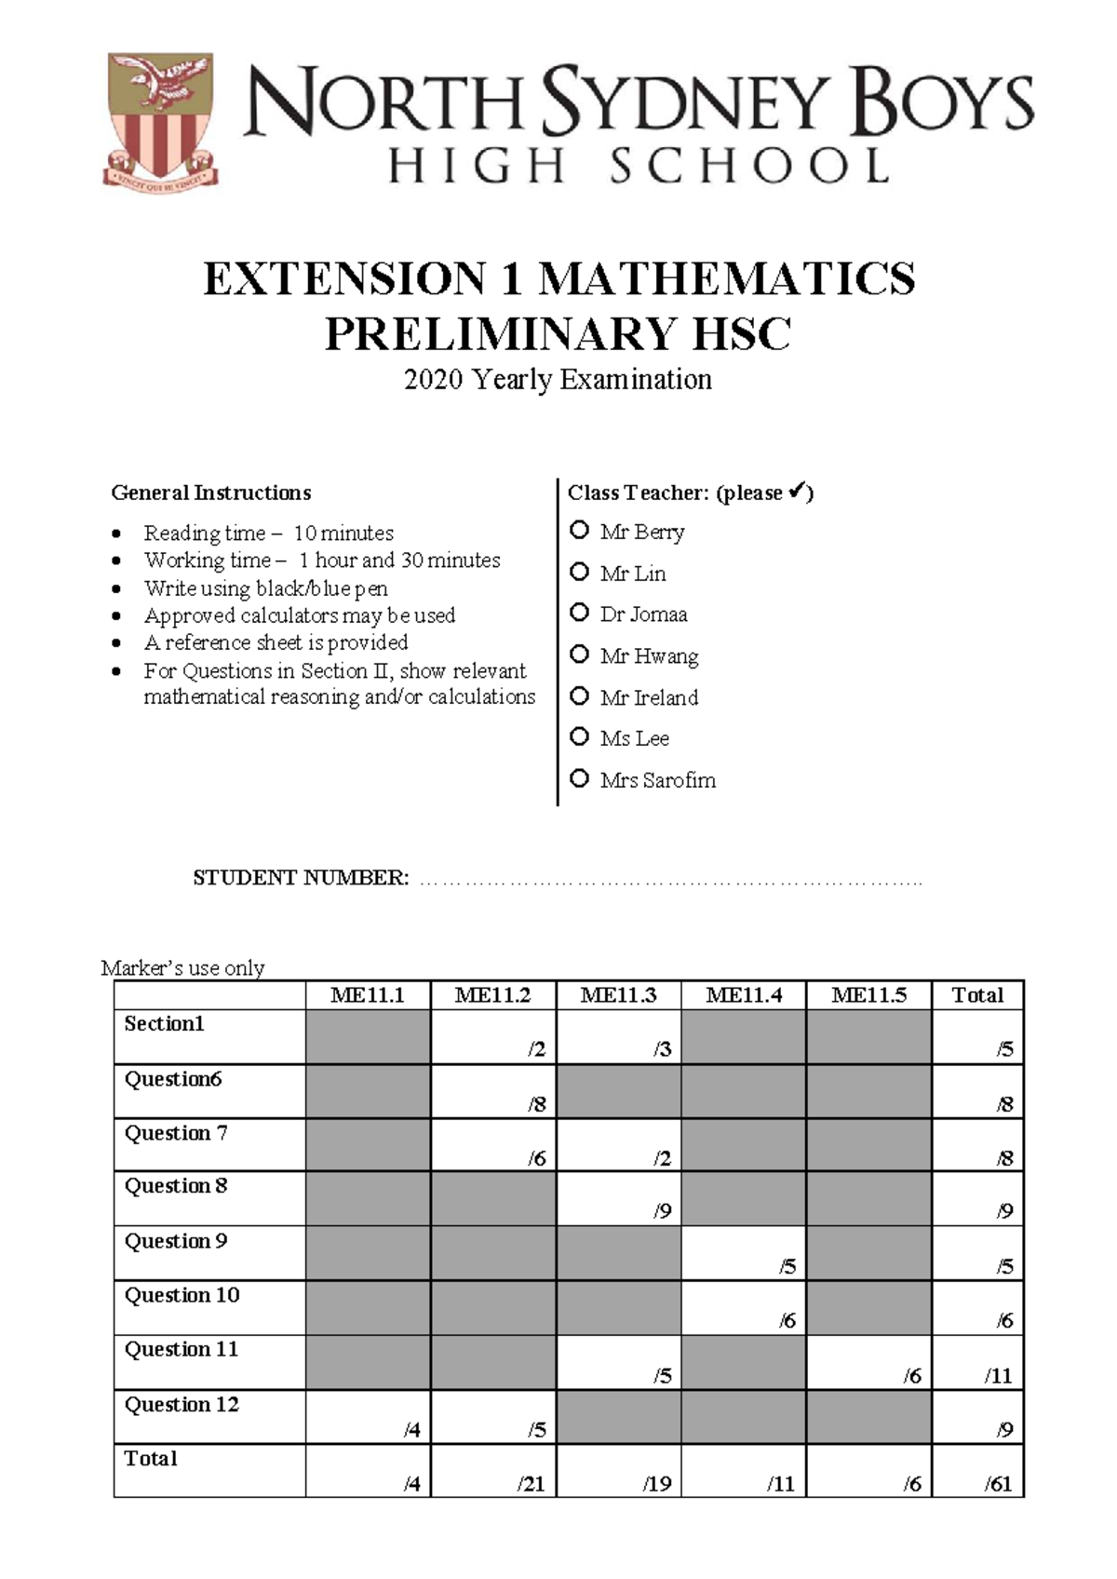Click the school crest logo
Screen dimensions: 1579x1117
(161, 121)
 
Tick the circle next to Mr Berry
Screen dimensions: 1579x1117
(579, 531)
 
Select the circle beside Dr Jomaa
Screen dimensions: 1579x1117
(579, 613)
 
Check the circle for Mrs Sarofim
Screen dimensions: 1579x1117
(579, 778)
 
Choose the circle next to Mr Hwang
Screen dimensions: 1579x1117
(579, 655)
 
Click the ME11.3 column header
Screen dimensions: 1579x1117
(618, 995)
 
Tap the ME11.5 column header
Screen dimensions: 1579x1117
(868, 995)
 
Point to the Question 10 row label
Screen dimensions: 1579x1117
(182, 1295)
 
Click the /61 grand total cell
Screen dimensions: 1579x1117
(978, 1472)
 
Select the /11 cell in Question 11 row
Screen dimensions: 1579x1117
(978, 1363)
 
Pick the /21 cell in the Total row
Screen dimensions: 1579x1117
(493, 1472)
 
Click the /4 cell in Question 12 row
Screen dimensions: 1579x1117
(369, 1418)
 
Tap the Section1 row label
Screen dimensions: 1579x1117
(165, 1024)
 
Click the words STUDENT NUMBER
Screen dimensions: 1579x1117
(300, 878)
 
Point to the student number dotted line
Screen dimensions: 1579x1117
(670, 880)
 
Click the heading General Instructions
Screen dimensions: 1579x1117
(211, 493)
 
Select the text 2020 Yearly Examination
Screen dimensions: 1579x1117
(558, 380)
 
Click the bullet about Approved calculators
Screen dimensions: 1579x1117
(300, 615)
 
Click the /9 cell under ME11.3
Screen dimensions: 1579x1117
(618, 1199)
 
